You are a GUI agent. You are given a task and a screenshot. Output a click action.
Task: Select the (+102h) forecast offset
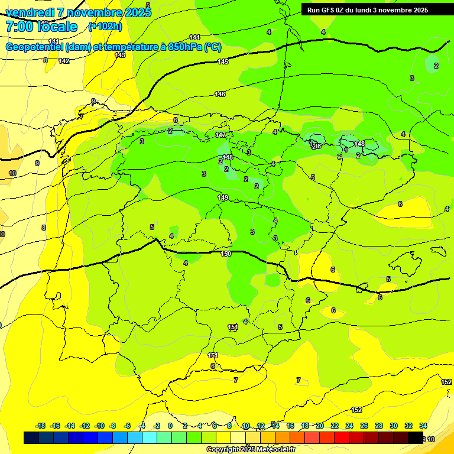[105, 26]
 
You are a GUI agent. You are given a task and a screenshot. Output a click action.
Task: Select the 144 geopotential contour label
[194, 37]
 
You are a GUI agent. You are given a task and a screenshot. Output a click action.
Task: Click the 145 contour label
[223, 62]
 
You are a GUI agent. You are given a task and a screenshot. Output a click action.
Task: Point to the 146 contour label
[220, 95]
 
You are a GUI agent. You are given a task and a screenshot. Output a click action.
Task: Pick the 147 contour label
[220, 135]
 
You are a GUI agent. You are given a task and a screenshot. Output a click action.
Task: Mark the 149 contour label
[223, 197]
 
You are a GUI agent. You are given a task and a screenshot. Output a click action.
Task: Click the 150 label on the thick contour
[226, 254]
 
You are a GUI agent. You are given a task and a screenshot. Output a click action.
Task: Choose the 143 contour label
[120, 55]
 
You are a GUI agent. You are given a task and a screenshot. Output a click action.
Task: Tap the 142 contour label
[64, 61]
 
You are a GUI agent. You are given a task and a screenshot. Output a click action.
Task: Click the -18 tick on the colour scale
[40, 426]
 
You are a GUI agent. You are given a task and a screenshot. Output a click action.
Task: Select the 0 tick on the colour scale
[170, 426]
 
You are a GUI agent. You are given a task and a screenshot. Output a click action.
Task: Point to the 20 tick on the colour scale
[320, 426]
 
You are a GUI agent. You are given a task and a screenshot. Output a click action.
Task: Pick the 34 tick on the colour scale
[423, 426]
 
